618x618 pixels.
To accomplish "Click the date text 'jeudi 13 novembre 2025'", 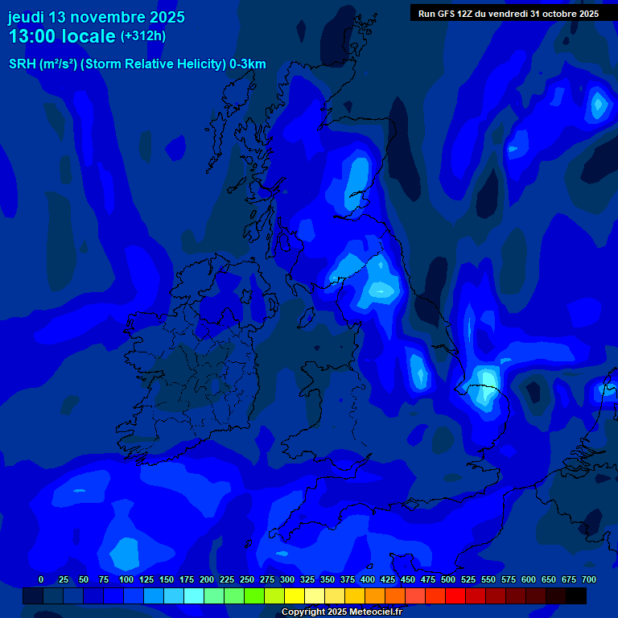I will click(x=96, y=17).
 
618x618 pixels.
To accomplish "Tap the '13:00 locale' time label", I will click(x=61, y=36).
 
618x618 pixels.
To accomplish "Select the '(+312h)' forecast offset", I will click(x=143, y=36).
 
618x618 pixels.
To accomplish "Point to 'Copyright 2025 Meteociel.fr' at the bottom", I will click(x=341, y=612).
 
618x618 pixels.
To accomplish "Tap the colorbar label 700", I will click(x=588, y=579).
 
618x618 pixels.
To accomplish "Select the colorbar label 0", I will click(x=41, y=579).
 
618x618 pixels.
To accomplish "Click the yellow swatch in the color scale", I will click(x=295, y=596).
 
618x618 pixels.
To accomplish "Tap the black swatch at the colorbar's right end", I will click(x=576, y=596).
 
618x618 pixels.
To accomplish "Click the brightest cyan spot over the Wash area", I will click(x=486, y=378).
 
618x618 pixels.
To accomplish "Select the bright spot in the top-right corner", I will click(x=598, y=104).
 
